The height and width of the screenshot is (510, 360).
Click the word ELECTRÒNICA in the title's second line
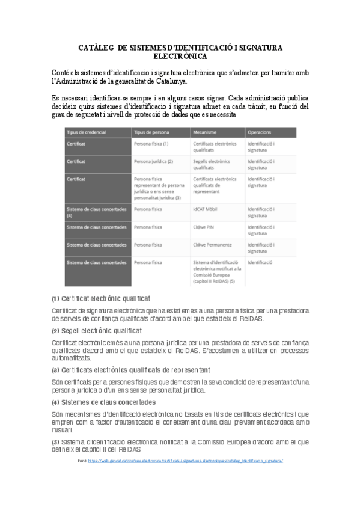180,57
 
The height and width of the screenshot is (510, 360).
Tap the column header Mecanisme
205,132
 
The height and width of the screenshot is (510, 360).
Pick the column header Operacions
260,132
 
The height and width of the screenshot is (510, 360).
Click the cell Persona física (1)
151,144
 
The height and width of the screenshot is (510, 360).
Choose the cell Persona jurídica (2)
153,162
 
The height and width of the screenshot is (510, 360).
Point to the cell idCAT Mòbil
206,209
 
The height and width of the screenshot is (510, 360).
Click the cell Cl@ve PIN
204,227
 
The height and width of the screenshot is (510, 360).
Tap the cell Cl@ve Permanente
212,245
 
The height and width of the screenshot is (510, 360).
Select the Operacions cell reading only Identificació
260,263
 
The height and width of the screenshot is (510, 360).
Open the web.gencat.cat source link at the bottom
185,461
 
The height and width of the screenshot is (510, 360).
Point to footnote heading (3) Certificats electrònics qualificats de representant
130,369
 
